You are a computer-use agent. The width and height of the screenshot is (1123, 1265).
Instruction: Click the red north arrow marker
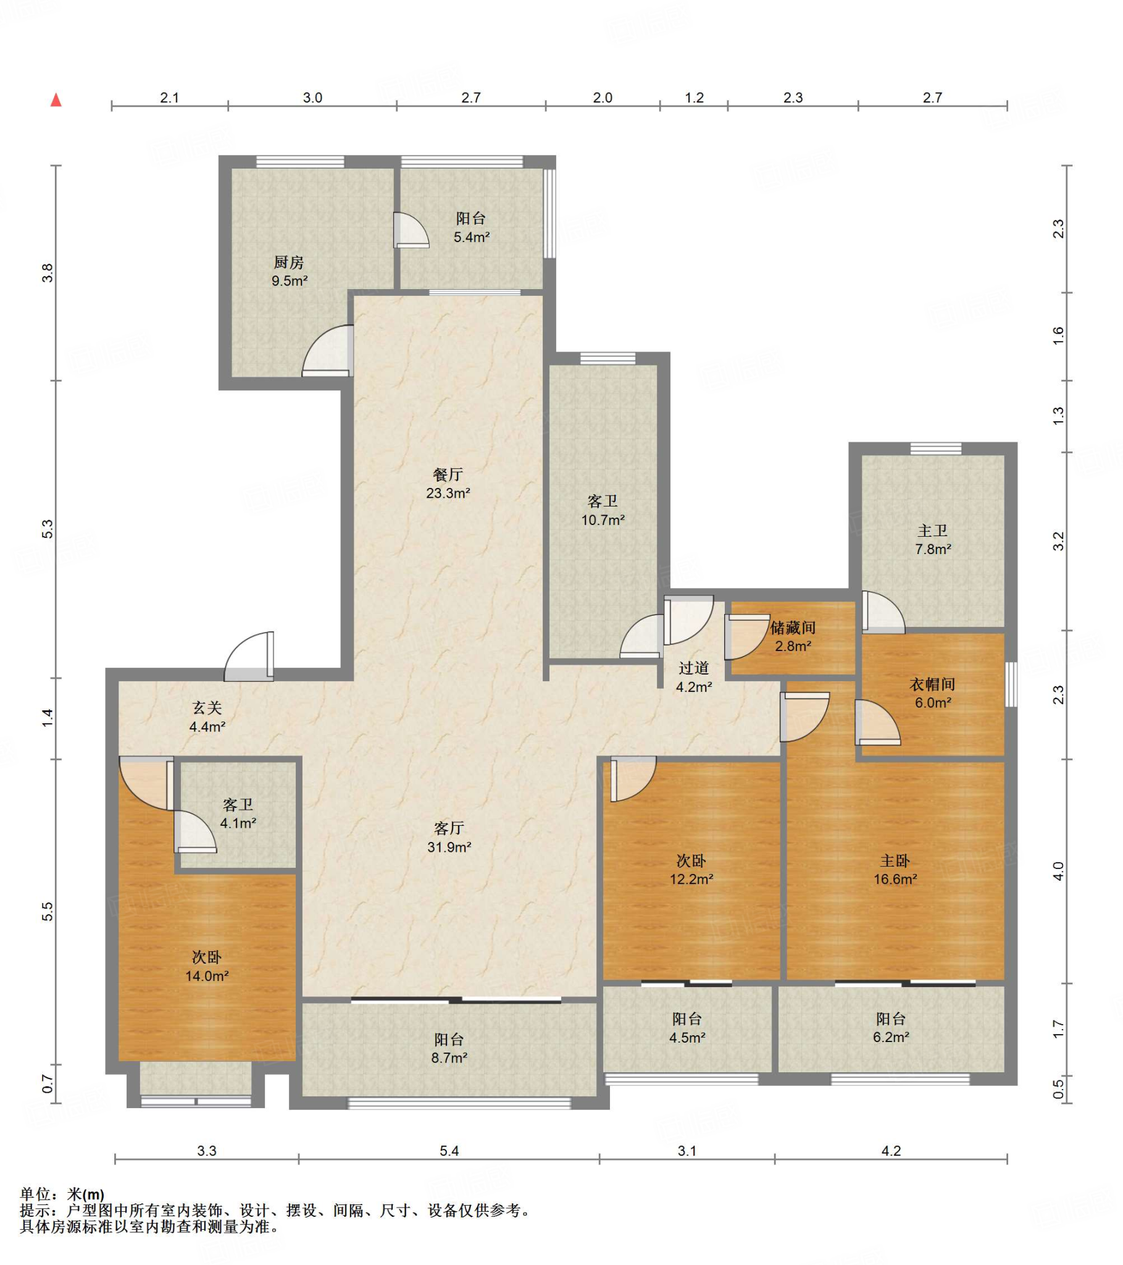coord(56,99)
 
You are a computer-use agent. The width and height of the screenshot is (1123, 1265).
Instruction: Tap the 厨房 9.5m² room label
coord(289,272)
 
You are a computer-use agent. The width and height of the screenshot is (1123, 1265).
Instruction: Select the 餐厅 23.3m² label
coord(448,484)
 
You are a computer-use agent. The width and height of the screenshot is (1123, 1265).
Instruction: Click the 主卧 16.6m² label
coord(895,870)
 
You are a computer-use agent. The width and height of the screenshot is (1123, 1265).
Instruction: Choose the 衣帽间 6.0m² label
coord(932,693)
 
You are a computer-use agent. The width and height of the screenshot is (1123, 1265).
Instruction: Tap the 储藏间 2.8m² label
coord(793,637)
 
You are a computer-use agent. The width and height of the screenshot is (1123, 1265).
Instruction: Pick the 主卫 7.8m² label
coord(932,540)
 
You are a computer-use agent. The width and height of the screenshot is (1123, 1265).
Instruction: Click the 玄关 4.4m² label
coord(207,717)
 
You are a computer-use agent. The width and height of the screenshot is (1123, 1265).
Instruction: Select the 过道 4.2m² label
coord(693,677)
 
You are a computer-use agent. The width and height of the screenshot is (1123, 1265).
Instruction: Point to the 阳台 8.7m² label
coord(449,1048)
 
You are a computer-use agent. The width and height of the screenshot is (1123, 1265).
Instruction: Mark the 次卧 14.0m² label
coord(207,967)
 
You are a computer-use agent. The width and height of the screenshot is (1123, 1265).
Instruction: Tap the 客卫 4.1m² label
coord(238,814)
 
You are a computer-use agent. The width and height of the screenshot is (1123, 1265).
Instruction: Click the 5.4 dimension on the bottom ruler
coord(450,1151)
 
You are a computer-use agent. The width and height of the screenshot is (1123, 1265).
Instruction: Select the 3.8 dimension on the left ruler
coord(47,273)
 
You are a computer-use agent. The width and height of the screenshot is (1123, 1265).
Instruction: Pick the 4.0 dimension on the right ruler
coord(1059,871)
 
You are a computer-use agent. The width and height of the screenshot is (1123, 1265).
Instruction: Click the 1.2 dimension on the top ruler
coord(694,98)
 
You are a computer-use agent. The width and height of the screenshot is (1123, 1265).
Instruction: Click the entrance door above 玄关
coord(249,656)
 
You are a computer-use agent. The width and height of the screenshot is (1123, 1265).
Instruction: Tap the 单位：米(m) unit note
coord(62,1194)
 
